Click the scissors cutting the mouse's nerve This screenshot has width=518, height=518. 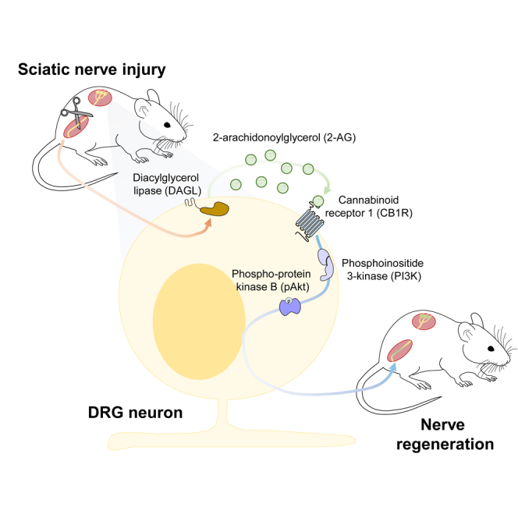coord(76,113)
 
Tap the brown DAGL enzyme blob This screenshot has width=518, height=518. coord(215,209)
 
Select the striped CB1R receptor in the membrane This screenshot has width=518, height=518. coord(310,224)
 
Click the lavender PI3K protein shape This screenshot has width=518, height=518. coord(326,264)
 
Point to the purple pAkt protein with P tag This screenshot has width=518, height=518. coord(290,307)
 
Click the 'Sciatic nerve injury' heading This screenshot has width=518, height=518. coord(92,70)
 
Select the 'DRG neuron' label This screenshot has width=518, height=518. coord(135,413)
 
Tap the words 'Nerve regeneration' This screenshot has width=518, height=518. coord(445,435)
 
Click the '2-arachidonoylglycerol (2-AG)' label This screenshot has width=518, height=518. coord(284,137)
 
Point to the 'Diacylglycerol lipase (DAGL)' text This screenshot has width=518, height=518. coord(167,184)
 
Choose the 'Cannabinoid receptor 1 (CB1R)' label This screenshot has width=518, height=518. coord(369,207)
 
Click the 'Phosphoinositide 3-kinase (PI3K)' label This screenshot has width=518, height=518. coord(382,270)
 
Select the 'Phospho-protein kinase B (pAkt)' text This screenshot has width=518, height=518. coord(271,280)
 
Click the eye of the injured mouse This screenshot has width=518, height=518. coord(168,125)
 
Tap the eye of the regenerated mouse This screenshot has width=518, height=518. coord(491,349)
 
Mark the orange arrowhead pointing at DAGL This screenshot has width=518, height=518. coord(208,224)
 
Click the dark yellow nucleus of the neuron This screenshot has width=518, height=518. coord(199,321)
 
